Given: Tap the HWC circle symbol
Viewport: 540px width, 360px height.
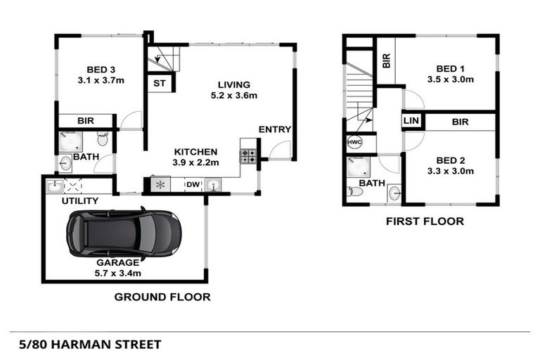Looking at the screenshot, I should [x=354, y=143].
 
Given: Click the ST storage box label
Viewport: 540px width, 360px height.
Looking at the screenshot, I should [x=159, y=84].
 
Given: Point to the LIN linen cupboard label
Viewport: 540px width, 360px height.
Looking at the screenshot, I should [x=411, y=122].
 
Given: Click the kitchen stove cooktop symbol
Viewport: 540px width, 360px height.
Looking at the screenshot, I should [x=248, y=155].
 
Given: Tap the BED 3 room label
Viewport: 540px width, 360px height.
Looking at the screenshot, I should [x=101, y=69].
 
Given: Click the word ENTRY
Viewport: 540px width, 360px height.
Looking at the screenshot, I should [x=273, y=129].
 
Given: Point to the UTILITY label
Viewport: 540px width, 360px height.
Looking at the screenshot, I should [x=79, y=201].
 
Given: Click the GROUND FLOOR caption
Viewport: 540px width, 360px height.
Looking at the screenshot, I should [x=162, y=297].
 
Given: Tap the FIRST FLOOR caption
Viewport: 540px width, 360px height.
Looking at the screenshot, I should [x=425, y=221].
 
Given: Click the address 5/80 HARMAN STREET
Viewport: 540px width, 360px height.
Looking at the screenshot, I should [x=86, y=345].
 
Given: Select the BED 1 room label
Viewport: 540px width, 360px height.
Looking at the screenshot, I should [x=451, y=68].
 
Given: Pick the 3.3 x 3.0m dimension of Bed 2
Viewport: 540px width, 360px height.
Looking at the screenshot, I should [x=451, y=170].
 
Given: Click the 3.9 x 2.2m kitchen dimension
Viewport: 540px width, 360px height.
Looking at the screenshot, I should [x=195, y=162].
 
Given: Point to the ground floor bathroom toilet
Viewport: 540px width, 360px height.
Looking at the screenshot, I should [x=103, y=140].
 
